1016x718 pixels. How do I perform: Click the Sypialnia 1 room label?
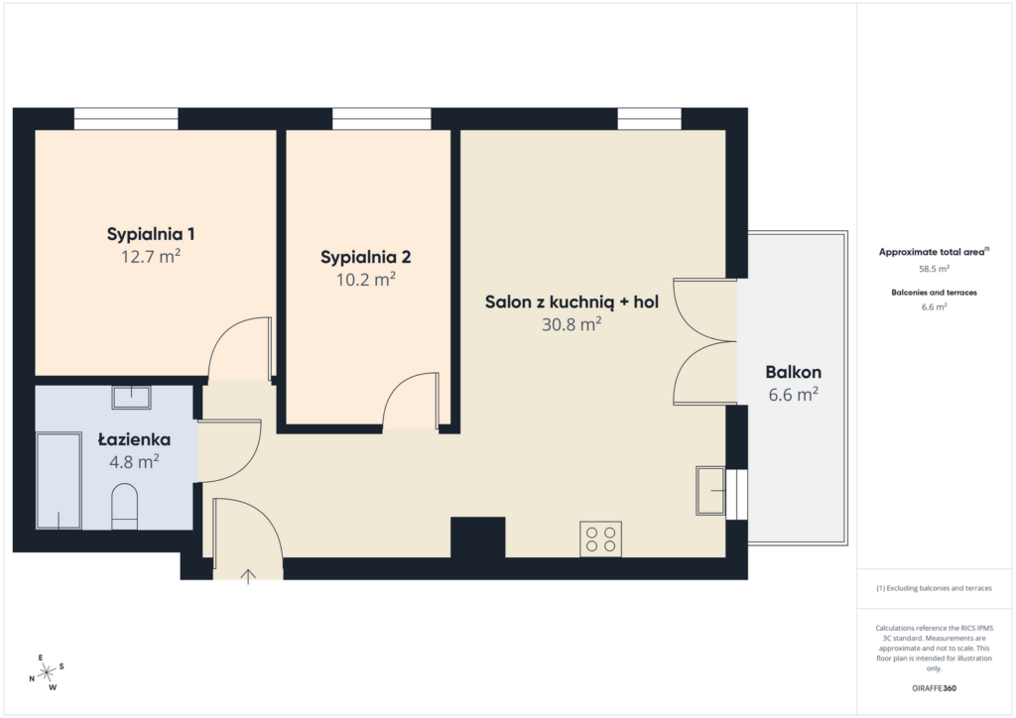(x=151, y=234)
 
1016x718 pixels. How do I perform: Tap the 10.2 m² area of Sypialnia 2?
(x=365, y=279)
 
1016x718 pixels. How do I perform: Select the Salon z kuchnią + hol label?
(x=571, y=301)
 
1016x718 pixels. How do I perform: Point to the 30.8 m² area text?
(x=571, y=323)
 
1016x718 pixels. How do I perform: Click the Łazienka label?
(x=134, y=439)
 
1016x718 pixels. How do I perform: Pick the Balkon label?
(x=793, y=372)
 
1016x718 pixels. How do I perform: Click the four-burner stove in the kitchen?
(x=600, y=538)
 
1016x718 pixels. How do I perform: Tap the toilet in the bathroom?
(x=125, y=507)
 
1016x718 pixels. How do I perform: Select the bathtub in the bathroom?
(x=59, y=481)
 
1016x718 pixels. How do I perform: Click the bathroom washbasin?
(x=132, y=397)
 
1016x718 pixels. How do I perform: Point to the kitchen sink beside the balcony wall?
(x=710, y=491)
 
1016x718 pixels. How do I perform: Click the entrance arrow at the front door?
(x=248, y=576)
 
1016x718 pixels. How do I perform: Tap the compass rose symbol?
(x=47, y=673)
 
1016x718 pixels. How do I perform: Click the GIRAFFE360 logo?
(x=934, y=688)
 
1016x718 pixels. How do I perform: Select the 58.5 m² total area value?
(x=934, y=268)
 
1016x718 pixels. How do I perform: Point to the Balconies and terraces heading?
(x=934, y=293)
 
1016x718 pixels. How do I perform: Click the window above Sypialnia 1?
(x=126, y=119)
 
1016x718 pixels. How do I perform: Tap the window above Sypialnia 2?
(x=382, y=119)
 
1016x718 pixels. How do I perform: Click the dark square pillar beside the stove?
(x=477, y=538)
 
